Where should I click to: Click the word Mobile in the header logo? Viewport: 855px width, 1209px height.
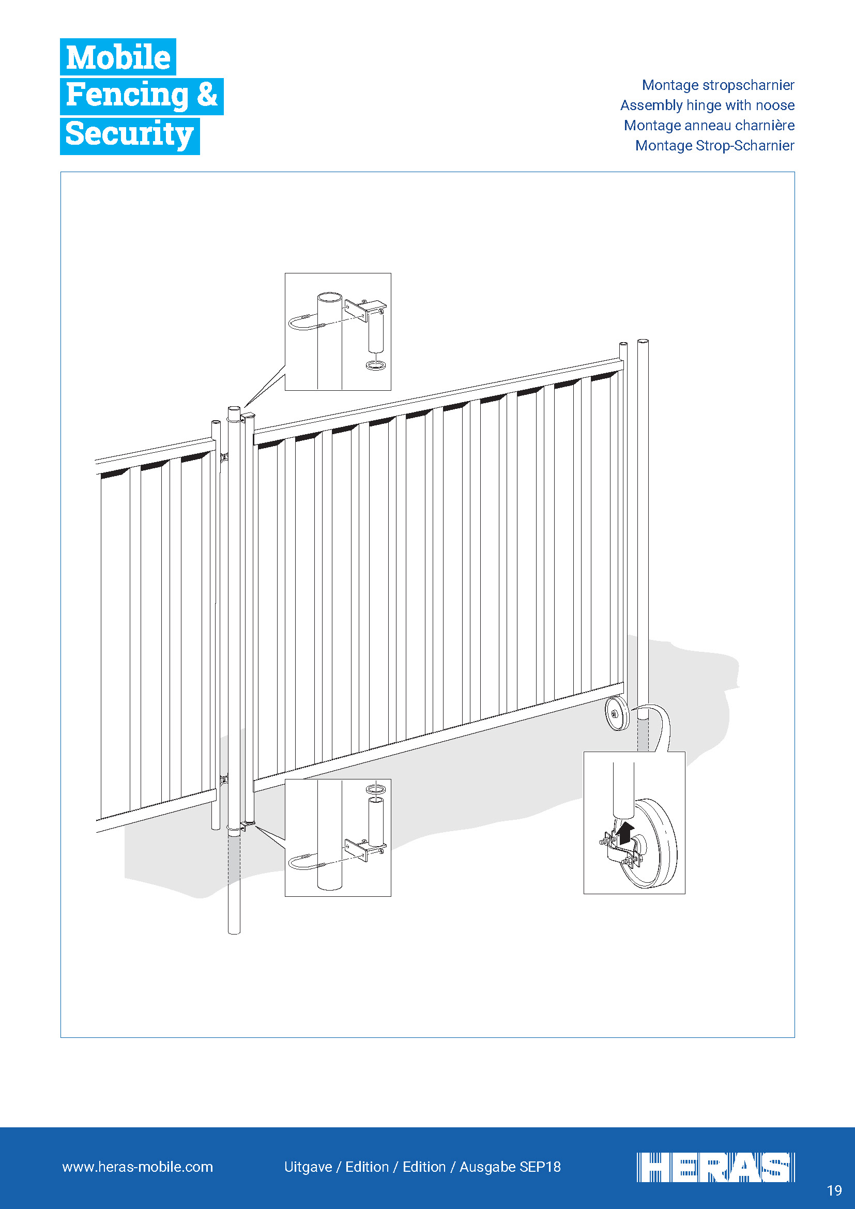point(118,57)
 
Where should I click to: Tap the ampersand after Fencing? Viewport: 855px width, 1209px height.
point(207,95)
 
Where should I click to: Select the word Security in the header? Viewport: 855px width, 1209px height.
point(130,134)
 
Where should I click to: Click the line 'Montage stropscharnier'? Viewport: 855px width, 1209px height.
point(717,85)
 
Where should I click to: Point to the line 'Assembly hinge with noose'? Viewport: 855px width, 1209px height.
point(707,105)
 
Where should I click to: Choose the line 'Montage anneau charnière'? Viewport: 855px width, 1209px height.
point(709,125)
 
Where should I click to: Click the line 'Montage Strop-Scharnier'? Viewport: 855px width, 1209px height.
point(714,145)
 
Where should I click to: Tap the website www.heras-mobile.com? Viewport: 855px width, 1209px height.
point(138,1167)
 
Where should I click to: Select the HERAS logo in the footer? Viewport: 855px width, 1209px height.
point(715,1168)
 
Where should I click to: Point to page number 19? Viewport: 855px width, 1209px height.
point(834,1190)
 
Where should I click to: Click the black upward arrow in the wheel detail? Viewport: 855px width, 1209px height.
point(625,834)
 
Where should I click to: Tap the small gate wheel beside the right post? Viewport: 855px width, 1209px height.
point(617,713)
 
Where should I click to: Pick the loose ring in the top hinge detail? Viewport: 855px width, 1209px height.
point(375,365)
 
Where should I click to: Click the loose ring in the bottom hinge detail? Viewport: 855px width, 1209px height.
point(375,789)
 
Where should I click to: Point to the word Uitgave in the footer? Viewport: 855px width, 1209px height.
point(308,1168)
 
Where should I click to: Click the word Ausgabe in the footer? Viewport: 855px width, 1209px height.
point(487,1168)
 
